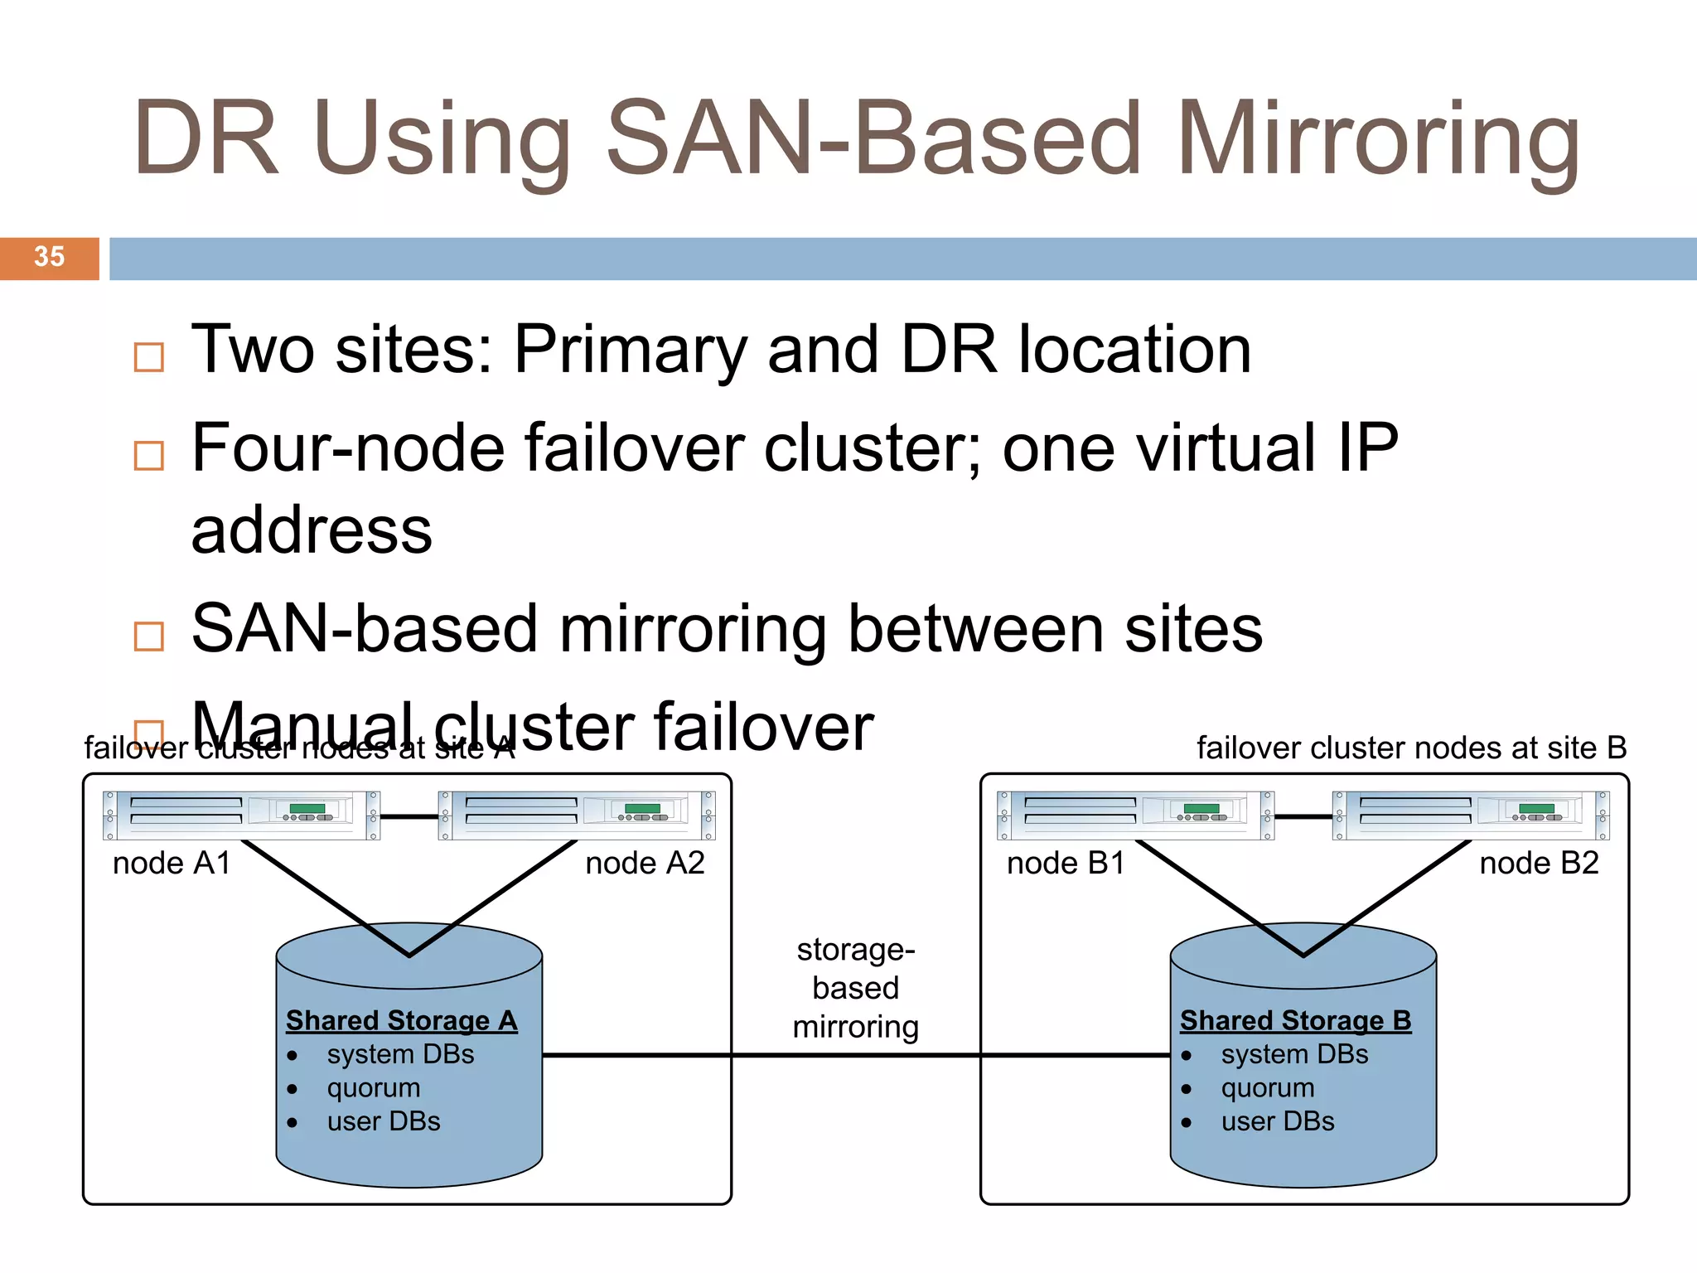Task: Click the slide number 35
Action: [x=49, y=257]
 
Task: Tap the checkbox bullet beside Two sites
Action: [x=149, y=357]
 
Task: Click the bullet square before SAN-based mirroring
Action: [x=149, y=636]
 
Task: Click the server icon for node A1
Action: [x=241, y=816]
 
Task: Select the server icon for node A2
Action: [x=577, y=816]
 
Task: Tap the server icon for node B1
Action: [x=1135, y=816]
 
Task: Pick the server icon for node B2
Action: [x=1471, y=816]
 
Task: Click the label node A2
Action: [x=645, y=864]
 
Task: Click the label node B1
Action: [x=1066, y=864]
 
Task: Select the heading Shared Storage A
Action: [x=402, y=1020]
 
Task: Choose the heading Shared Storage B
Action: [x=1295, y=1020]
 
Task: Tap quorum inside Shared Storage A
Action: [x=374, y=1087]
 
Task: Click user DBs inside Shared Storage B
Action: [x=1278, y=1121]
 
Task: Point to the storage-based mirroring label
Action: [x=856, y=988]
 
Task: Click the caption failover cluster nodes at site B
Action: [x=1411, y=748]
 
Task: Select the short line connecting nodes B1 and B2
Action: [x=1303, y=816]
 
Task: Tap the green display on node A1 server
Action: [x=307, y=808]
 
